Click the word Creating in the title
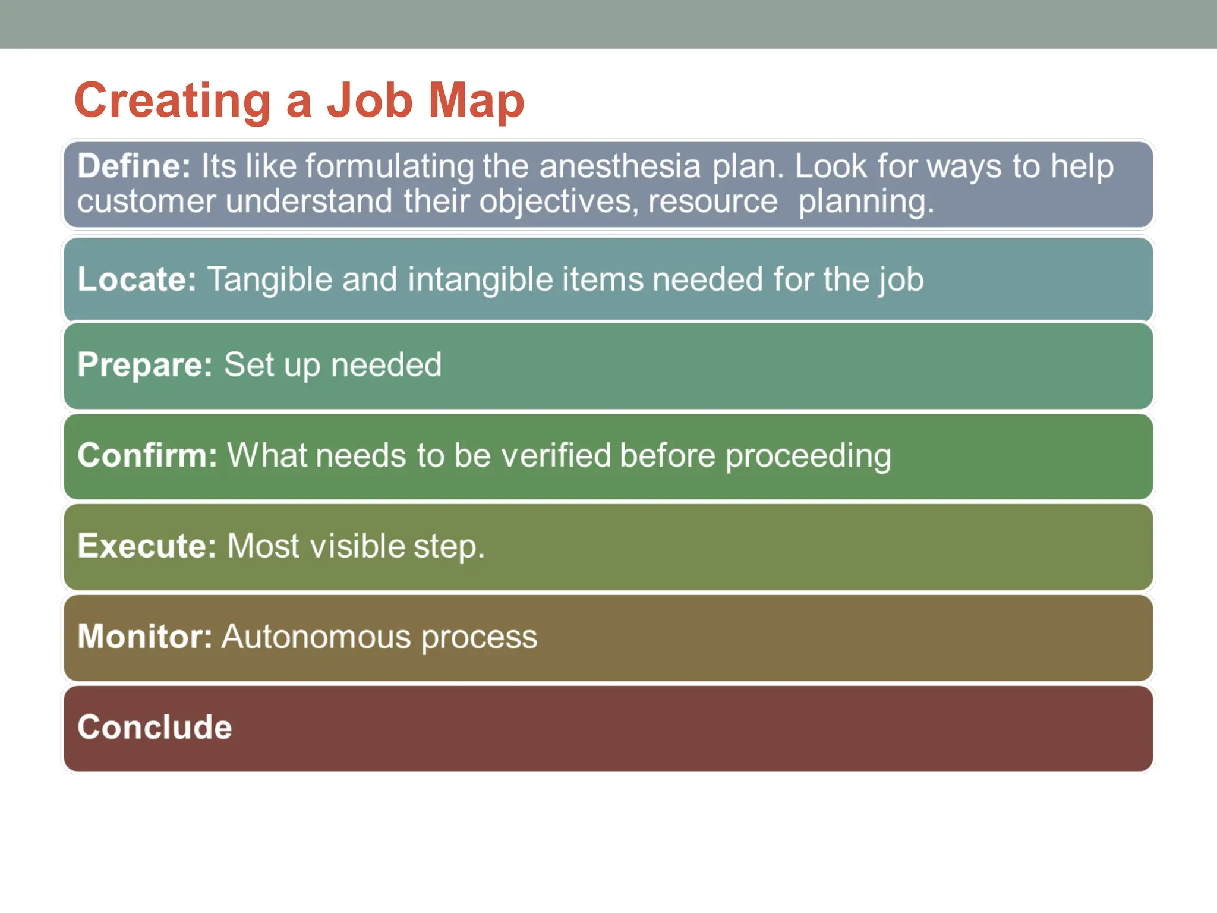coord(172,101)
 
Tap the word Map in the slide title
coord(476,101)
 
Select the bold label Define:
coord(134,166)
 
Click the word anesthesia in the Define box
coord(620,166)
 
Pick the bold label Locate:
coord(137,279)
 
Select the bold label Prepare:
coord(144,364)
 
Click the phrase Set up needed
coord(333,364)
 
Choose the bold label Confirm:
coord(147,455)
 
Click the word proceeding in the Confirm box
coord(808,456)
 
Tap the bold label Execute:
coord(147,546)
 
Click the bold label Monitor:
coord(144,637)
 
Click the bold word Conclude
coord(155,727)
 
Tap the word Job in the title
coord(369,101)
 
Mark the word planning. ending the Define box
coord(866,202)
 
